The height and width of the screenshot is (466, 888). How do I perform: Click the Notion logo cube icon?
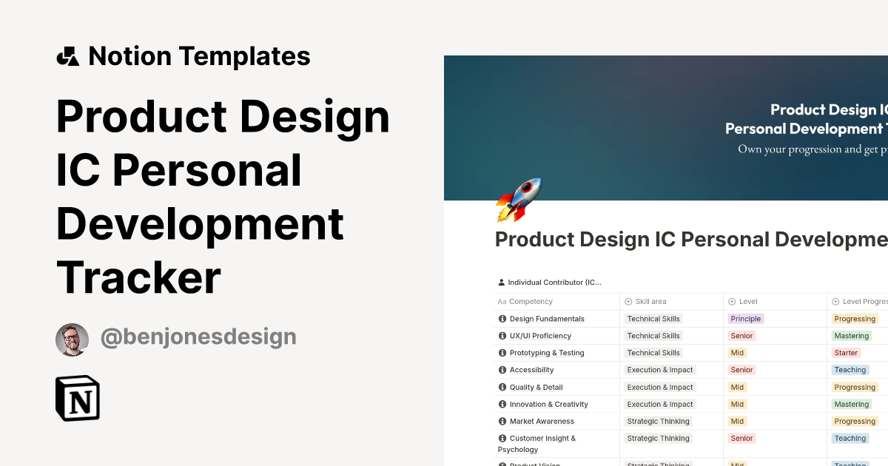pyautogui.click(x=78, y=399)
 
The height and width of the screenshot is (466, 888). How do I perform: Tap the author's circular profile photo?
pyautogui.click(x=72, y=340)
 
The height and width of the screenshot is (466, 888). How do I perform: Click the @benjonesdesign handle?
pyautogui.click(x=198, y=337)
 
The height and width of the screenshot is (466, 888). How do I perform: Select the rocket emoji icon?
pyautogui.click(x=519, y=199)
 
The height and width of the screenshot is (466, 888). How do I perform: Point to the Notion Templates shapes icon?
pyautogui.click(x=67, y=56)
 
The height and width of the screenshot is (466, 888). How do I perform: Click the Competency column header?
pyautogui.click(x=531, y=302)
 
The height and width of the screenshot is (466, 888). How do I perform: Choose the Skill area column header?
pyautogui.click(x=650, y=302)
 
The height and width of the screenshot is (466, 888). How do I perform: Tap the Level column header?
pyautogui.click(x=748, y=302)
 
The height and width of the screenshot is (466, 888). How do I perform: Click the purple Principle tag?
pyautogui.click(x=745, y=319)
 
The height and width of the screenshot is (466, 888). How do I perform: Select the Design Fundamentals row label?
pyautogui.click(x=547, y=319)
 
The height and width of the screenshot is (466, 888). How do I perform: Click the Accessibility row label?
pyautogui.click(x=531, y=370)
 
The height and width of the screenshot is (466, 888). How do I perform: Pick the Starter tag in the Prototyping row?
pyautogui.click(x=846, y=353)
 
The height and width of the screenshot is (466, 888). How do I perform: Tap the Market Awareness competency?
pyautogui.click(x=542, y=421)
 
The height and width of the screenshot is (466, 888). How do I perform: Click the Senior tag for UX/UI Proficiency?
pyautogui.click(x=741, y=336)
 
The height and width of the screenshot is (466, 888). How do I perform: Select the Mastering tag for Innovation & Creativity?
pyautogui.click(x=851, y=404)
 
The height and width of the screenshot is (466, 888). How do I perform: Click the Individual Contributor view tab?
pyautogui.click(x=554, y=283)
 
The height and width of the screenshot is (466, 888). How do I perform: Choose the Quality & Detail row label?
pyautogui.click(x=536, y=387)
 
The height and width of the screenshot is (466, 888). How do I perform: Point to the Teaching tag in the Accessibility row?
pyautogui.click(x=850, y=370)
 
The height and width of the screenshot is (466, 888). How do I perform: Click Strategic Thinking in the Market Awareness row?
pyautogui.click(x=658, y=421)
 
